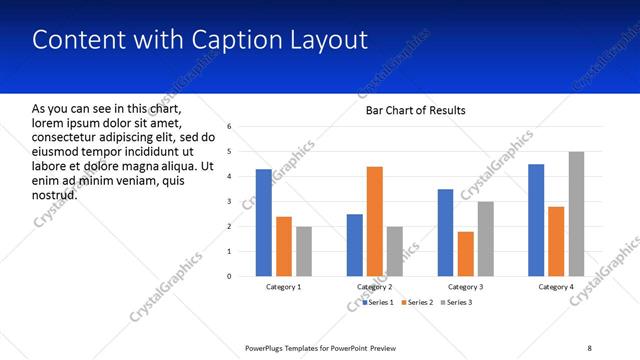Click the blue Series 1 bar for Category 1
263,223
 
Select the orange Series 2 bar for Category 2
374,221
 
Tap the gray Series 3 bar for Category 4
576,214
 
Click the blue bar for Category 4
536,220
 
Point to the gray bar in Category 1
304,251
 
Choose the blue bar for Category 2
354,245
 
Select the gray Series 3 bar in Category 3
485,239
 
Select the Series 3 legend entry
456,302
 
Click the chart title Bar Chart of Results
415,110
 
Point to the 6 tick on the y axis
230,127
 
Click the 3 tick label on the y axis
230,202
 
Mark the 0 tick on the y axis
230,276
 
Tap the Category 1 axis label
284,288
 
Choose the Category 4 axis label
557,288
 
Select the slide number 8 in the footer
589,347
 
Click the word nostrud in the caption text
55,194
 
